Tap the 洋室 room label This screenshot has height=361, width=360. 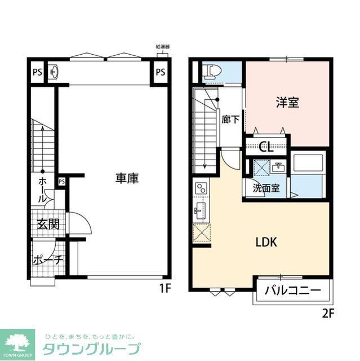pyautogui.click(x=287, y=103)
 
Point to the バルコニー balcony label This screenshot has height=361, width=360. pyautogui.click(x=293, y=291)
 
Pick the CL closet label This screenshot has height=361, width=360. pyautogui.click(x=266, y=148)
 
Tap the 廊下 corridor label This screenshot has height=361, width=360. pyautogui.click(x=230, y=120)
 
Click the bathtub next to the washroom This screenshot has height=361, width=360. pyautogui.click(x=307, y=165)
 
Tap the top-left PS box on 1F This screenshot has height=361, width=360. pyautogui.click(x=37, y=72)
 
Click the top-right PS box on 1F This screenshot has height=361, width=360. pyautogui.click(x=161, y=72)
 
